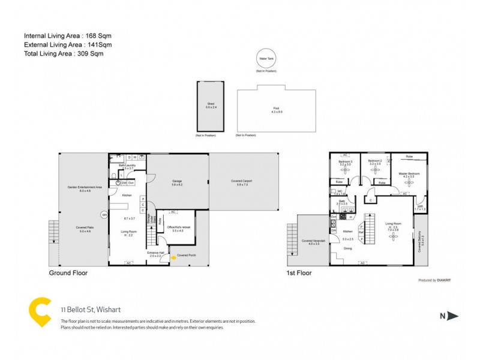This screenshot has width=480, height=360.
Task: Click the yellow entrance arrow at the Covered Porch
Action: (x=174, y=257)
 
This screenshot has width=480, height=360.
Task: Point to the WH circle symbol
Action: (x=104, y=214)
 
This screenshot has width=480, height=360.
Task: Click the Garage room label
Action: (x=177, y=181)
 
